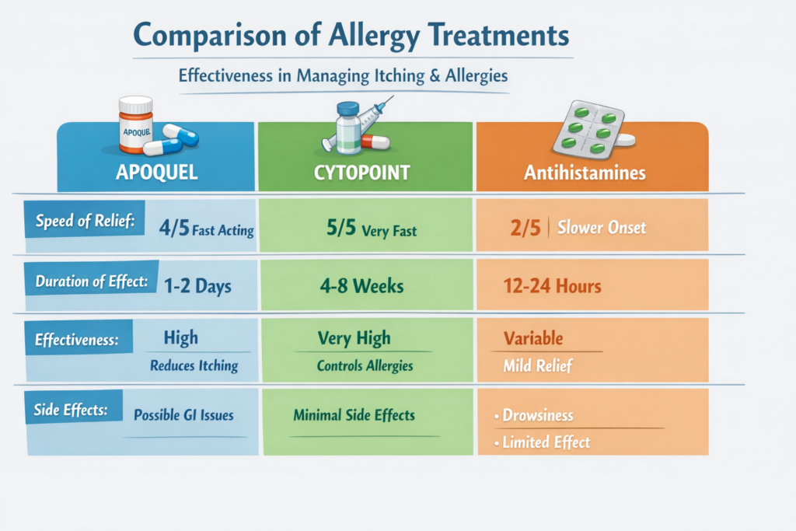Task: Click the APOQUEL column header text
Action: point(155,172)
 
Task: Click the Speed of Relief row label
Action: point(85,222)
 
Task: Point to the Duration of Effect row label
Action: point(92,281)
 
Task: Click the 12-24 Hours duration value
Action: point(551,286)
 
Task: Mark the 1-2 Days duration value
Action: point(197,285)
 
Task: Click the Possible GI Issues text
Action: point(183,415)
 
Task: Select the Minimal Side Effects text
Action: point(354,415)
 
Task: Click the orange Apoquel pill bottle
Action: point(135,124)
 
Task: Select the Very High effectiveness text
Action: point(354,339)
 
